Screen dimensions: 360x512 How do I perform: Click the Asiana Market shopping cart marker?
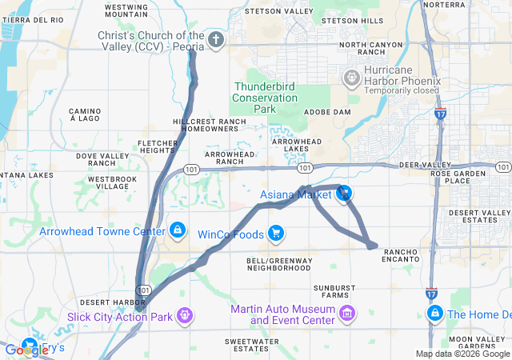click(x=345, y=193)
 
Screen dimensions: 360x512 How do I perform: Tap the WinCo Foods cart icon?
click(x=275, y=234)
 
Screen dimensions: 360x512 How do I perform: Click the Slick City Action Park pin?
click(x=185, y=317)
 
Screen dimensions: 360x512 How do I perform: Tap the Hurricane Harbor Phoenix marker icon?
click(x=350, y=77)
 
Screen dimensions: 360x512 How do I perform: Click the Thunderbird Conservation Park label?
click(x=264, y=97)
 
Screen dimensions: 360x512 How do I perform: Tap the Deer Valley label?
click(x=421, y=165)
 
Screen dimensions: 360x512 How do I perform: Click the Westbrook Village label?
click(x=106, y=182)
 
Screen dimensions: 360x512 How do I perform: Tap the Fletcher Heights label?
click(x=157, y=146)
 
